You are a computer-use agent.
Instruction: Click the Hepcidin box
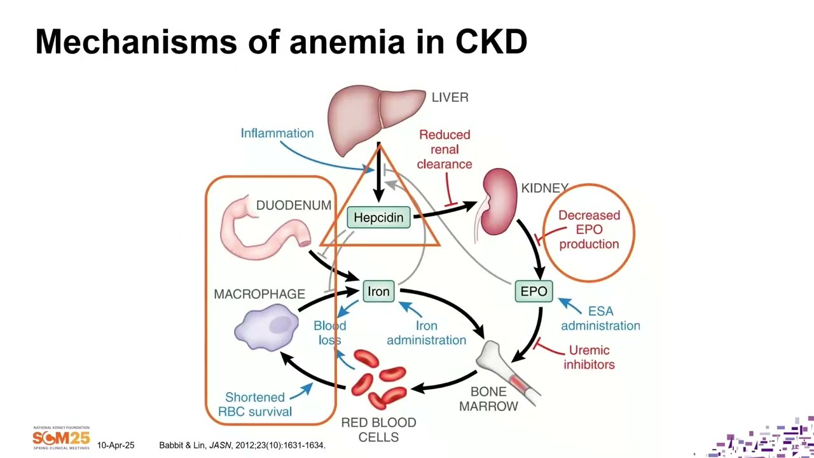(378, 218)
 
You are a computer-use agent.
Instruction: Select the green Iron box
(378, 291)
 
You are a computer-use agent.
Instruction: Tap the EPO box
(534, 291)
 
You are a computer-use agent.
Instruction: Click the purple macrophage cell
(266, 327)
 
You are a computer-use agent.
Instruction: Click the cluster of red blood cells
(378, 379)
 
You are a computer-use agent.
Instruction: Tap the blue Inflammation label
(277, 133)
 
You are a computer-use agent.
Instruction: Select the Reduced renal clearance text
(445, 149)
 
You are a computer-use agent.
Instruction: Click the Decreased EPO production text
(589, 230)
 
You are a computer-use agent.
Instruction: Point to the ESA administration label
(600, 318)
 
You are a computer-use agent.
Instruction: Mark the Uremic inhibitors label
(589, 357)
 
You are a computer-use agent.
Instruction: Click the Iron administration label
(426, 333)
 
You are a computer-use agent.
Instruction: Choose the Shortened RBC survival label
(255, 404)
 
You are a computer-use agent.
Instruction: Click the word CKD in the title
(491, 42)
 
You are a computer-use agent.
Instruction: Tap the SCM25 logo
(61, 438)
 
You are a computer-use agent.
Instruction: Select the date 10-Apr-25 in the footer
(116, 445)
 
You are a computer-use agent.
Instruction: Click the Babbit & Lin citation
(242, 445)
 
